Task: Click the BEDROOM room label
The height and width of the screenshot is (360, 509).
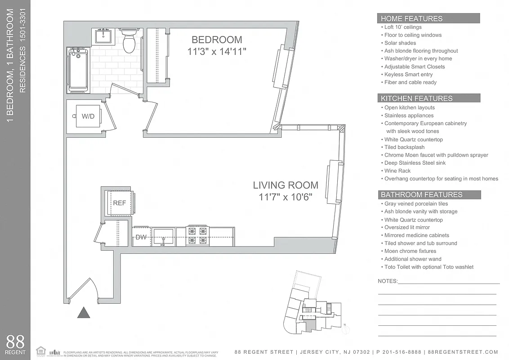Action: [x=217, y=40]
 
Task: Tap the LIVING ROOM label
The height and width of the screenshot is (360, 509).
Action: [x=285, y=185]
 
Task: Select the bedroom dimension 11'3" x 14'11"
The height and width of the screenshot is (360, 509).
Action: [x=217, y=52]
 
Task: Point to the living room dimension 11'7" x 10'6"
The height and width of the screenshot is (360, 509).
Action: [x=285, y=197]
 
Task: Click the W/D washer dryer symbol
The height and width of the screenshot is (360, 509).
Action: [x=88, y=116]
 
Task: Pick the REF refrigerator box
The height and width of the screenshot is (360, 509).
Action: [x=119, y=203]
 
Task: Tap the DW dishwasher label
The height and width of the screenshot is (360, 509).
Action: [x=141, y=237]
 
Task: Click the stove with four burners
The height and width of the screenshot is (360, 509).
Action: [x=198, y=236]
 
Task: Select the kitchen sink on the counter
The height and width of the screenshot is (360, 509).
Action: [x=163, y=236]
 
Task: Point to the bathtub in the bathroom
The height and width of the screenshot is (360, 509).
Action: [x=78, y=70]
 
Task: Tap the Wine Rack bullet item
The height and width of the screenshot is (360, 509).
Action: [x=397, y=171]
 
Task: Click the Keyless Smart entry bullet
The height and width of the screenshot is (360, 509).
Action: [x=408, y=74]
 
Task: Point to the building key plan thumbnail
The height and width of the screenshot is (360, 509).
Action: [x=310, y=304]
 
